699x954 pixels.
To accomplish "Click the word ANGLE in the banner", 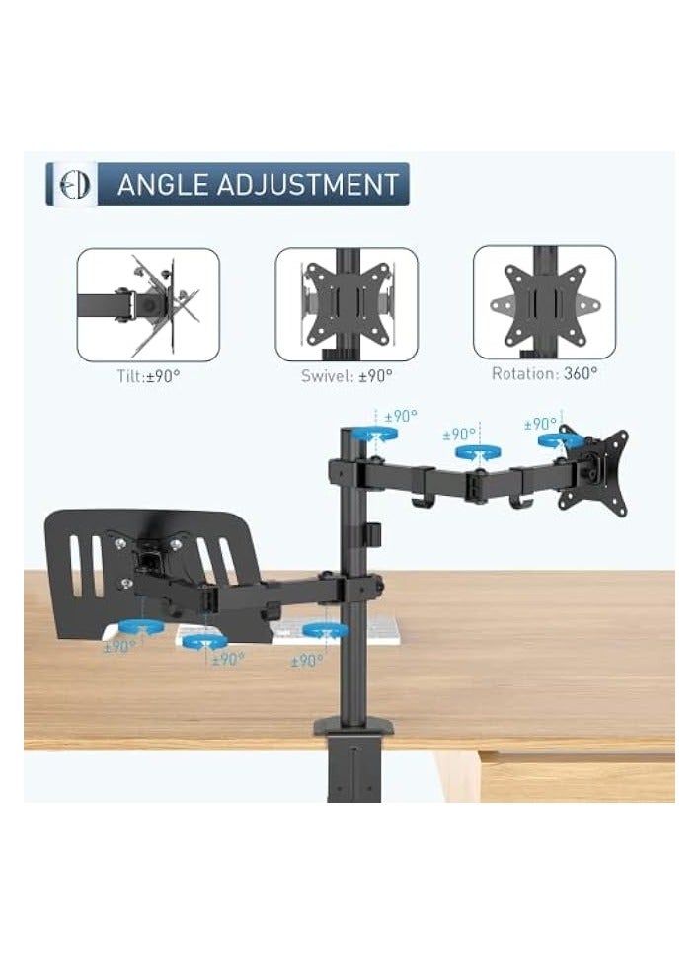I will [x=162, y=185].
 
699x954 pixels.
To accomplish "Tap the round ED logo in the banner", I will [x=73, y=185].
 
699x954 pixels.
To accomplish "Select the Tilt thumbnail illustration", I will [x=148, y=304].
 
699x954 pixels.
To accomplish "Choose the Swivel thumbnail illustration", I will [x=346, y=304].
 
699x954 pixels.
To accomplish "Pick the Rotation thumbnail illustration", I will [x=544, y=301].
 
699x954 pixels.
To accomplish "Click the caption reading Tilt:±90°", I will [x=148, y=376].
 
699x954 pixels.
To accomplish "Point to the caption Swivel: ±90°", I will [x=347, y=376].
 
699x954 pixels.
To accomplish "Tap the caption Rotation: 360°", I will [x=544, y=374].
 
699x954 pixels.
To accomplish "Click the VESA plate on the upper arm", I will [x=592, y=472].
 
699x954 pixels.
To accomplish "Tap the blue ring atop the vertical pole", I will [x=374, y=434].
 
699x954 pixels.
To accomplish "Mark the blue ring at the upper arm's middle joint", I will [x=475, y=452].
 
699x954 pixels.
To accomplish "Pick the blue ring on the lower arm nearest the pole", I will [x=324, y=629].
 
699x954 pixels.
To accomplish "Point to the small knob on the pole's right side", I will [x=374, y=533].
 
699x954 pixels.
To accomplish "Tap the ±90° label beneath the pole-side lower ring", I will [x=306, y=660].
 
